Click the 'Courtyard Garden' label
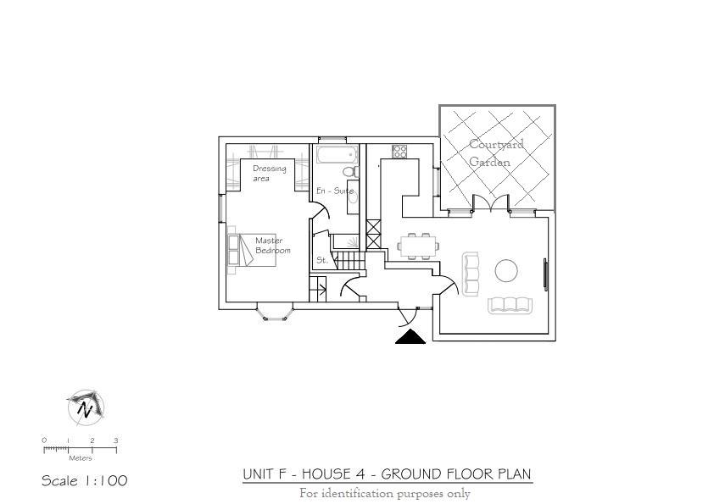pos(496,152)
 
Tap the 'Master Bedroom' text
pos(272,246)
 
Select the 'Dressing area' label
pos(270,173)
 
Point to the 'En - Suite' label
pos(335,191)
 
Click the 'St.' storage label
pos(322,261)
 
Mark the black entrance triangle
pos(410,337)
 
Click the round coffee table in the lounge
pos(506,270)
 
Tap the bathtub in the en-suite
pos(334,154)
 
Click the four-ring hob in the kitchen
pos(399,152)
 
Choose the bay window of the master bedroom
pos(277,313)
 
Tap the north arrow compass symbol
pos(85,407)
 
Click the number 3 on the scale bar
pos(116,440)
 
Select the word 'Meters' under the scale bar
pos(81,458)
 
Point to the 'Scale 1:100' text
pos(84,481)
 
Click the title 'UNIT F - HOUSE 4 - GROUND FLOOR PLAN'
pos(388,474)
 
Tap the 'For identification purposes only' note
pos(384,494)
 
